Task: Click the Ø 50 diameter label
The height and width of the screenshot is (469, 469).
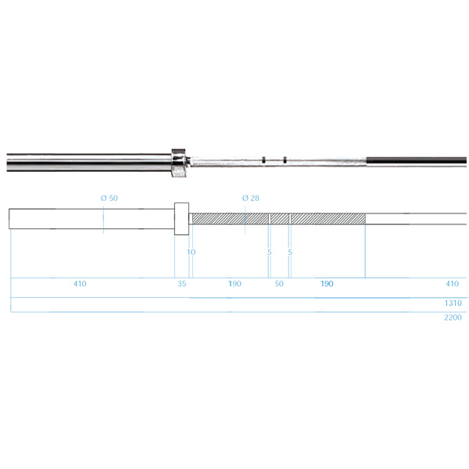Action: point(109,198)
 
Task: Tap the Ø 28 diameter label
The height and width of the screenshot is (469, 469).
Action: point(251,198)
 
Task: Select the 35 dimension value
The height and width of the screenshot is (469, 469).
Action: point(182,284)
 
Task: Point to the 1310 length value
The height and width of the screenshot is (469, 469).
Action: point(453,303)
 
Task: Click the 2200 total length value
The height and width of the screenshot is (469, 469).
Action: point(453,317)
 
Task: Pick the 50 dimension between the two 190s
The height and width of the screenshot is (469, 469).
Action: point(279,284)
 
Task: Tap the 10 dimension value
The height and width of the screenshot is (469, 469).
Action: point(192,252)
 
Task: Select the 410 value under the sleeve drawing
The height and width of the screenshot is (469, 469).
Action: point(80,284)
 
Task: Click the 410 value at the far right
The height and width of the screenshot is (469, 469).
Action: point(453,284)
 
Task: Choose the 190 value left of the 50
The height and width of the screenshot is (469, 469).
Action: point(234,284)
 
